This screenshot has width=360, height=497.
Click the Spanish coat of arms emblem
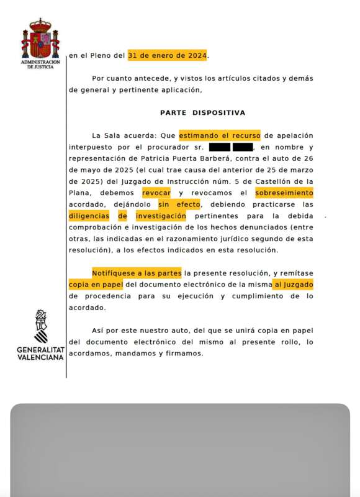click(40, 39)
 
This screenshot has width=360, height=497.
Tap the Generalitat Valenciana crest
click(40, 327)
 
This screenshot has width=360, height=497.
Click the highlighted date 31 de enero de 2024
click(168, 55)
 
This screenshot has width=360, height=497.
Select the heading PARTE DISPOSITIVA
click(202, 112)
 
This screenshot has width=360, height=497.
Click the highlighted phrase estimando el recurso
click(220, 135)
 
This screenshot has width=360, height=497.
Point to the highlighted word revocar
click(156, 193)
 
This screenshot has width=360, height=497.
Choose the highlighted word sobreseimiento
click(284, 193)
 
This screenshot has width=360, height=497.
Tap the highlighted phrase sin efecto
click(179, 204)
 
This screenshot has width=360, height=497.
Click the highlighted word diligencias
click(89, 216)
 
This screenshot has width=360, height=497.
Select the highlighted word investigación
click(161, 216)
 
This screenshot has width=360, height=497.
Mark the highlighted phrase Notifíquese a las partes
click(137, 273)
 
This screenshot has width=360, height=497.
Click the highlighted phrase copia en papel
click(96, 284)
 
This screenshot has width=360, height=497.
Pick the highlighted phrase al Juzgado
click(294, 284)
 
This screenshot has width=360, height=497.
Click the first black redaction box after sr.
click(220, 147)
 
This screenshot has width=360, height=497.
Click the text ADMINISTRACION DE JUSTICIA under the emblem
click(40, 64)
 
